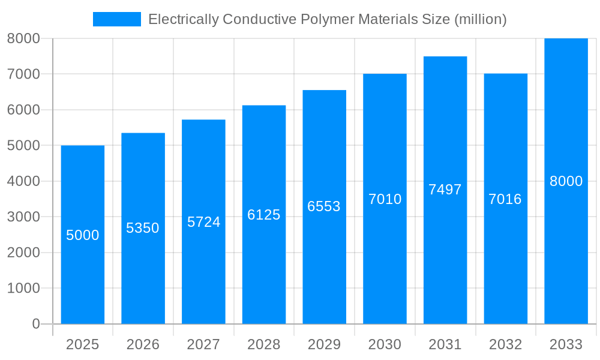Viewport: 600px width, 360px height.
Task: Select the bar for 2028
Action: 264,270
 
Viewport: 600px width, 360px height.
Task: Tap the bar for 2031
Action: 445,252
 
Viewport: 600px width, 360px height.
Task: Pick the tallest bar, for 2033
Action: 566,252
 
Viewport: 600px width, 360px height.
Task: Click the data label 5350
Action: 143,228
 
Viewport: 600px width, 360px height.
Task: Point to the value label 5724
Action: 204,222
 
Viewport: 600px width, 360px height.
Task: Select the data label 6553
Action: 324,206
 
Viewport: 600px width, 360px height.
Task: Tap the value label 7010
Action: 385,199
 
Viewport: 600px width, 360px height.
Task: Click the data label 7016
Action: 505,199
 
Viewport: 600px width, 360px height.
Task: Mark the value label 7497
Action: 445,190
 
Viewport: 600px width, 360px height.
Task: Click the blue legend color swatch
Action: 117,19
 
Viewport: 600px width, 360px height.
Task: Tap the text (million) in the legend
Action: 480,19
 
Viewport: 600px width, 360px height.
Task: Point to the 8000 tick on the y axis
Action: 23,38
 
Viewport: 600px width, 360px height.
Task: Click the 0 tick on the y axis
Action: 35,324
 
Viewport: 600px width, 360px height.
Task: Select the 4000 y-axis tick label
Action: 23,181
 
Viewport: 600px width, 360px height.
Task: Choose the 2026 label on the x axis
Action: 143,344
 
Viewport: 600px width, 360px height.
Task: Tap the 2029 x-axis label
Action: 324,344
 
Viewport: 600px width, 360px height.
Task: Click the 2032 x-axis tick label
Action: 505,344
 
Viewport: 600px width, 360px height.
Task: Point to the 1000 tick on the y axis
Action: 23,288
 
